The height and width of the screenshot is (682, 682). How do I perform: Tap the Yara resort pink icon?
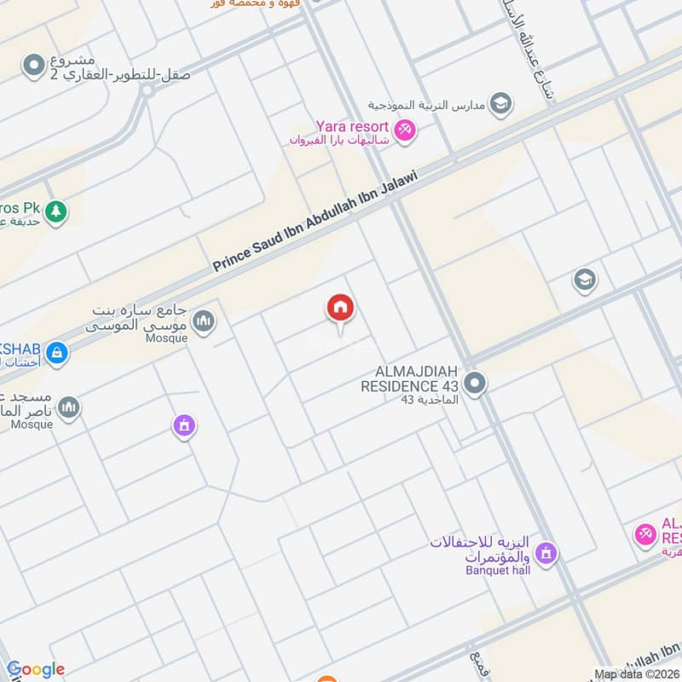click(406, 130)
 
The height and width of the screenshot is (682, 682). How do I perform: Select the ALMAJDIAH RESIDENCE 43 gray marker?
click(476, 384)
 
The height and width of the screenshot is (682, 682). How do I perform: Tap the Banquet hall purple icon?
click(546, 554)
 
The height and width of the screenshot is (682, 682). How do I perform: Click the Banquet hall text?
click(498, 570)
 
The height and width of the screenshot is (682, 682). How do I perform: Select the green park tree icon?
click(56, 210)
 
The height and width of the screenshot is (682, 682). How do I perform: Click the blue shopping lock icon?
click(56, 352)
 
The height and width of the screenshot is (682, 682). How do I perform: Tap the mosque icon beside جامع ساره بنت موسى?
click(204, 321)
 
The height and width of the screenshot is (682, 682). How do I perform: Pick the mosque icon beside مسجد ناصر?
click(70, 408)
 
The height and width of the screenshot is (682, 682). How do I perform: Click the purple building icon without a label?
click(183, 425)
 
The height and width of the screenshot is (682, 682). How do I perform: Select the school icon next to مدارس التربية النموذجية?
click(502, 104)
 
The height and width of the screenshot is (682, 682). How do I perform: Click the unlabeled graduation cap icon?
click(584, 280)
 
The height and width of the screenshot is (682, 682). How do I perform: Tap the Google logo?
click(36, 670)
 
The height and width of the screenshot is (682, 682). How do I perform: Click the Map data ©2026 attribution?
click(637, 674)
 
